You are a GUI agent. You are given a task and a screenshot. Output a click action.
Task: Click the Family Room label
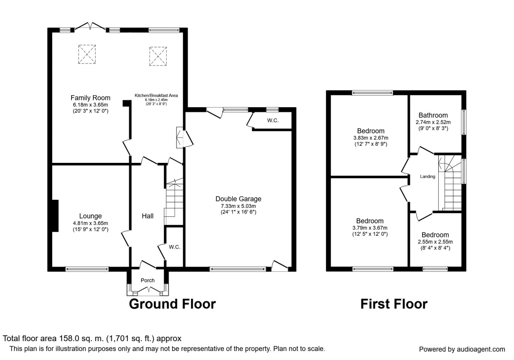click(x=90, y=98)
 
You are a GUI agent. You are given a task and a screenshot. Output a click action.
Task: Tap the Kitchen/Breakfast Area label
click(x=156, y=95)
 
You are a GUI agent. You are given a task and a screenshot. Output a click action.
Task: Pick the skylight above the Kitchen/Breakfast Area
click(x=157, y=56)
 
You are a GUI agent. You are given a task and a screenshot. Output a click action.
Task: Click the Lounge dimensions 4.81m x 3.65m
click(x=90, y=223)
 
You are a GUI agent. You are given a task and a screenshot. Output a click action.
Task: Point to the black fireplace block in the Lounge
click(x=55, y=216)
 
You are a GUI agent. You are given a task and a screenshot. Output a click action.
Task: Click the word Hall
click(x=148, y=216)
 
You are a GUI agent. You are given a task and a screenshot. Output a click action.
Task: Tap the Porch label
click(x=148, y=280)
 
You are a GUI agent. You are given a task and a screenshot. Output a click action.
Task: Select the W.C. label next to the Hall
click(x=174, y=247)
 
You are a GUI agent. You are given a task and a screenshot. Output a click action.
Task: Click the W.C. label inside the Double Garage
click(x=273, y=121)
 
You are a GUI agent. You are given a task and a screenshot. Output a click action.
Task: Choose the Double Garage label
click(x=238, y=199)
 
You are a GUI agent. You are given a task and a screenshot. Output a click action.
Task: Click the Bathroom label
click(x=433, y=115)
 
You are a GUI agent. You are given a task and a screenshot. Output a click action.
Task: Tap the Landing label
click(x=427, y=177)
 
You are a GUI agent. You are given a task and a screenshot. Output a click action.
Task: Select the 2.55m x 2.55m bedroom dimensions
click(x=435, y=242)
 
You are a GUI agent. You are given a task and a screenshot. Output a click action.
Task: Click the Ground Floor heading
click(x=172, y=304)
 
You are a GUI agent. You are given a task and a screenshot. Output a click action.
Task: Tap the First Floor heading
click(x=393, y=304)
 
